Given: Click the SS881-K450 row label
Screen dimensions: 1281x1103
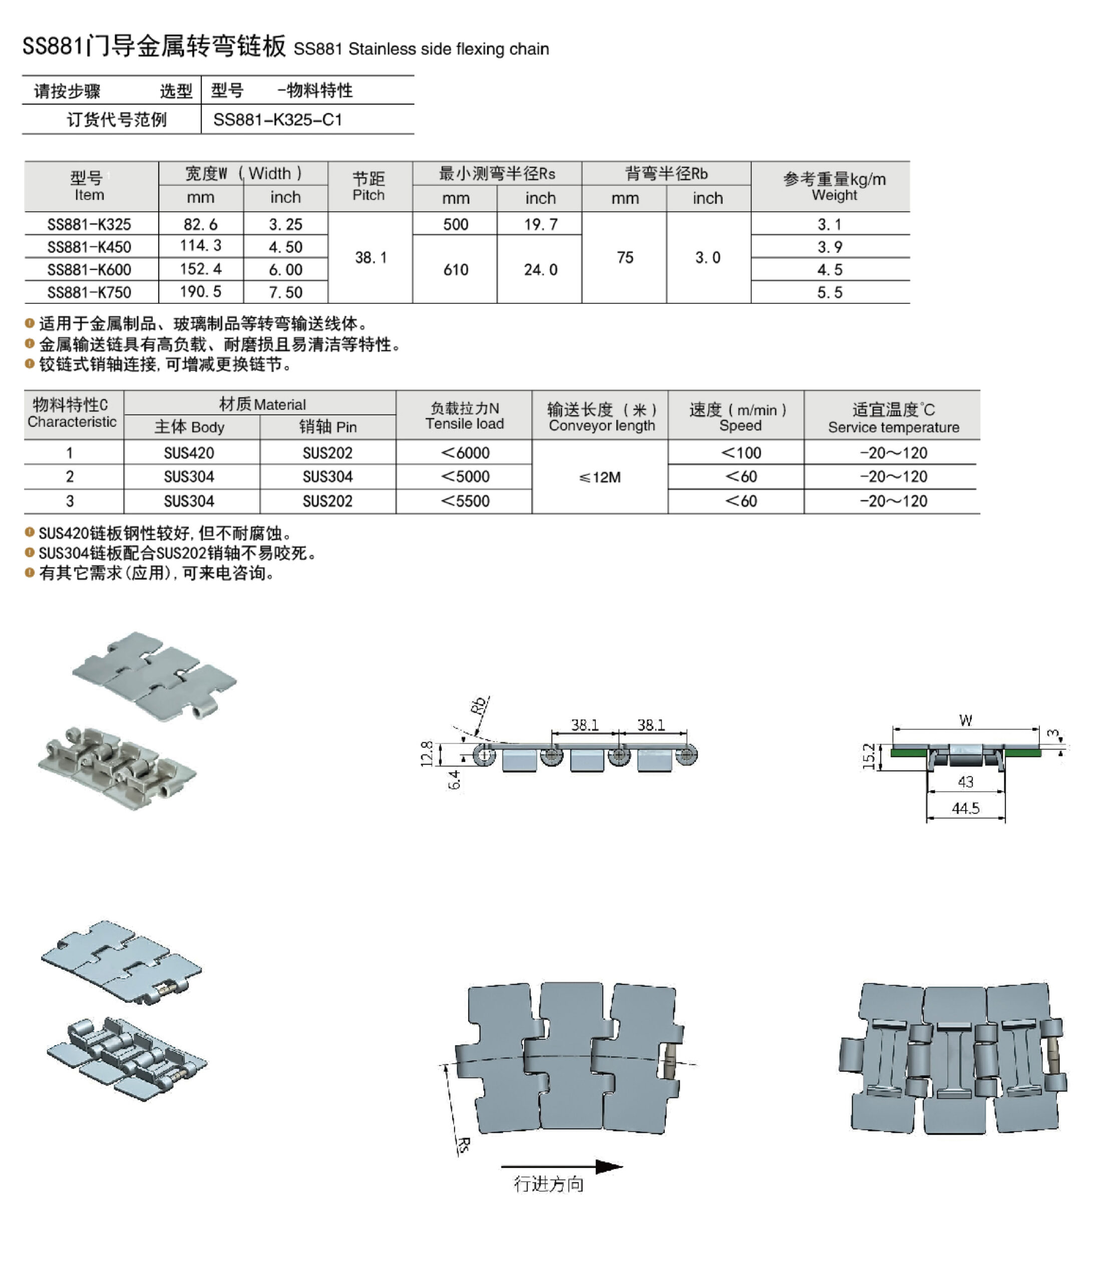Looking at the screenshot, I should click(89, 247).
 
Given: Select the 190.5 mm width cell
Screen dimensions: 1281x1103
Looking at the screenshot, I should click(200, 292).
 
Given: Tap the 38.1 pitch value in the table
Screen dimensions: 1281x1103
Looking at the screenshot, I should click(371, 257).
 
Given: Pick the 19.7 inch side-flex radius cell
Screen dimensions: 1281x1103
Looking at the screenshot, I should click(540, 224).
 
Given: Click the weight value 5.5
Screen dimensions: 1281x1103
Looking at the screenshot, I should click(829, 292).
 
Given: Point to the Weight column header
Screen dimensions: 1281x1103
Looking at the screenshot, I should click(834, 186).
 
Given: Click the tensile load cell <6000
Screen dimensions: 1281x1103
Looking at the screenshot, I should click(465, 452).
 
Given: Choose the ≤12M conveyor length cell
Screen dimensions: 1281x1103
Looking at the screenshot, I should click(599, 477).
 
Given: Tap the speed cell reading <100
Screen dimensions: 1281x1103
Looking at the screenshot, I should click(741, 452).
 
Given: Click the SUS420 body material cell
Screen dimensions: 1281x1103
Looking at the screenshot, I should click(189, 452).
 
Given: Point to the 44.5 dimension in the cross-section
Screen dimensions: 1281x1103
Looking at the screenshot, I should click(965, 809).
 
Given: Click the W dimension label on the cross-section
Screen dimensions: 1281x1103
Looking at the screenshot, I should click(965, 720).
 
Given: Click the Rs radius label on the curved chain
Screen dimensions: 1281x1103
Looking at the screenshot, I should click(463, 1144).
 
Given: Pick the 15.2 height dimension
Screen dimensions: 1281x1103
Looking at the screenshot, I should click(869, 756).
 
